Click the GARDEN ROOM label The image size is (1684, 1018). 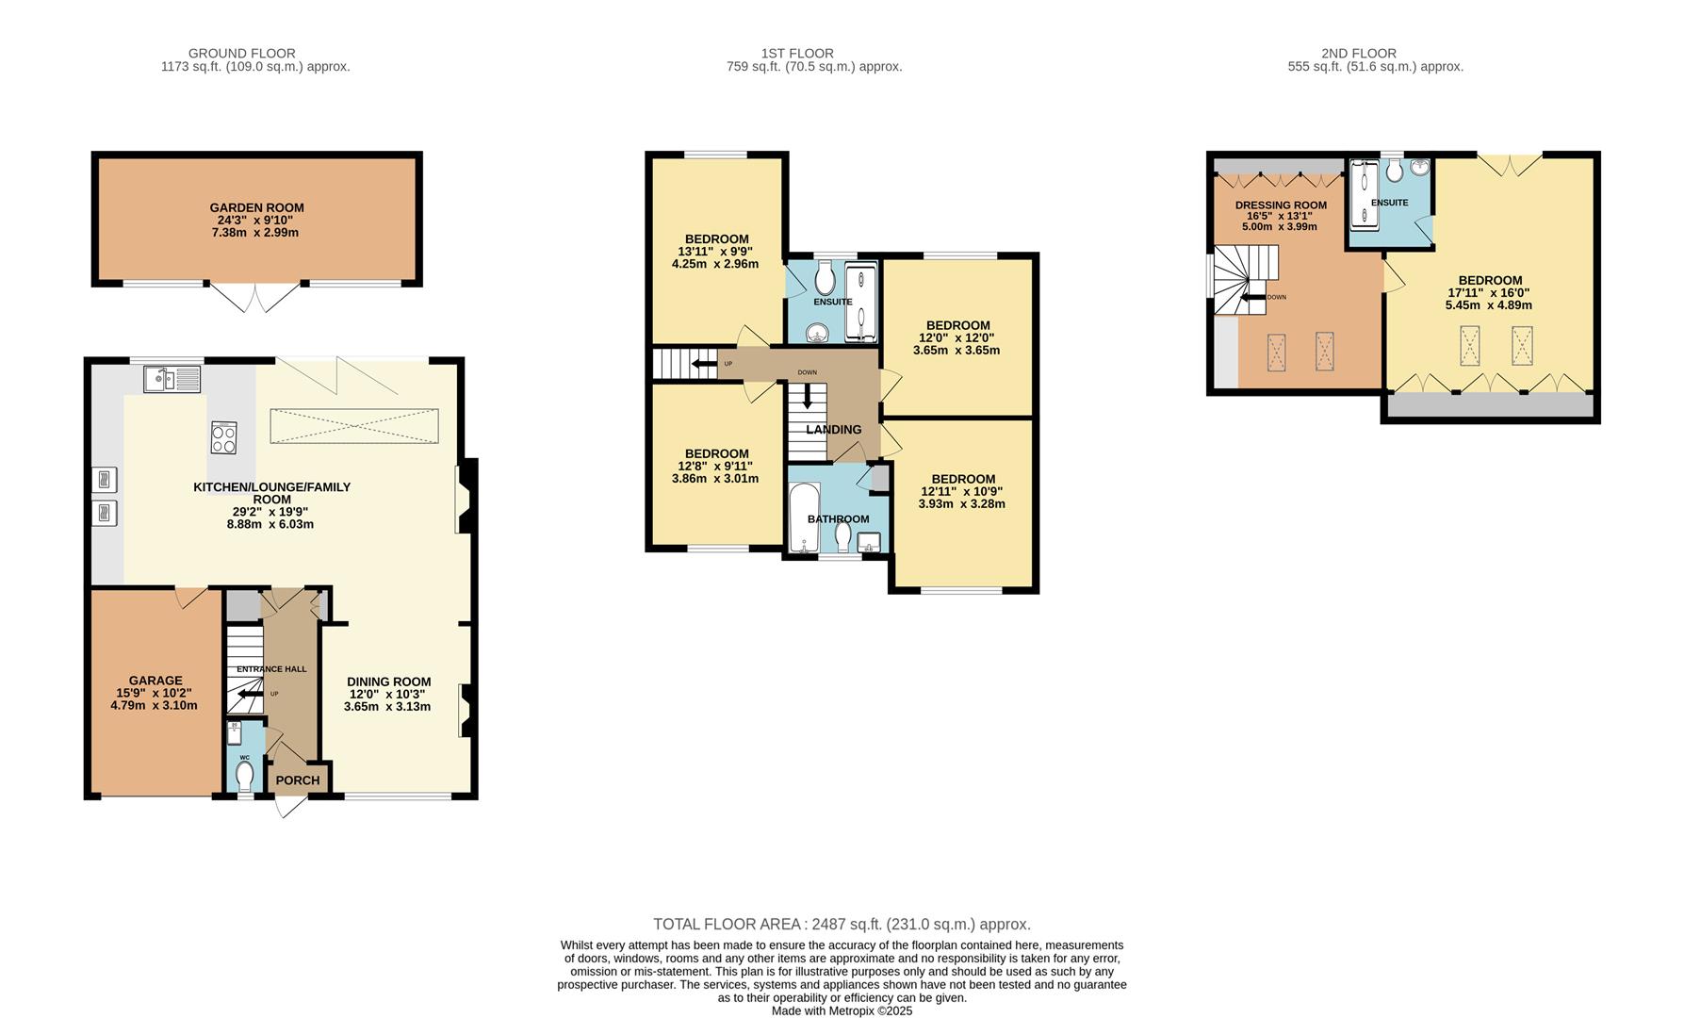[256, 207]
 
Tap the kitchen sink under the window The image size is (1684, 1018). [172, 380]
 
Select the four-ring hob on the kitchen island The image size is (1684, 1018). [224, 437]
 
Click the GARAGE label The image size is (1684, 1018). [155, 681]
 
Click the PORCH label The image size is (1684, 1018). [298, 780]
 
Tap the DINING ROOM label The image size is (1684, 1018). [388, 681]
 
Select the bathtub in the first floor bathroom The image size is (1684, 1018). [803, 518]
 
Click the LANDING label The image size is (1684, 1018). [833, 430]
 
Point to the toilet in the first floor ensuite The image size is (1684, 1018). [826, 278]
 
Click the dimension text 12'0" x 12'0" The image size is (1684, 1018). [956, 337]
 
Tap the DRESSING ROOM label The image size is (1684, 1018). [1281, 205]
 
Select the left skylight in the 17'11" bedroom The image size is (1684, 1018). [1469, 345]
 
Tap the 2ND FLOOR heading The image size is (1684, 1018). [1359, 54]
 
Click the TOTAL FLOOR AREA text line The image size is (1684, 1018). [842, 925]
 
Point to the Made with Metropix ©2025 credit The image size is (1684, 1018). [842, 1010]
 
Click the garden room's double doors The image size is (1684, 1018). [255, 297]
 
